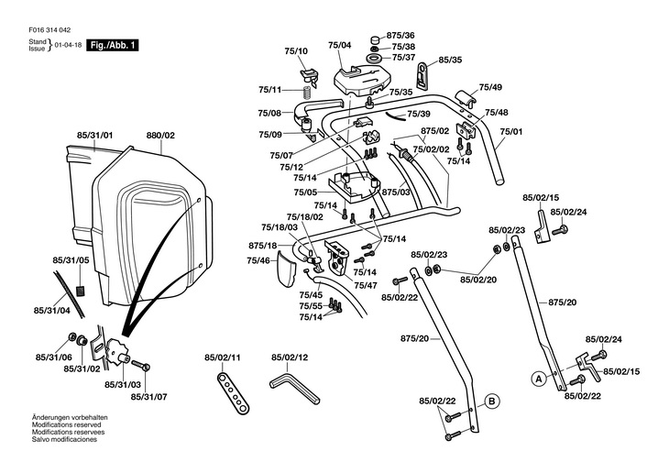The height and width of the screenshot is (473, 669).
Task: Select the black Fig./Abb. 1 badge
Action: pos(113,45)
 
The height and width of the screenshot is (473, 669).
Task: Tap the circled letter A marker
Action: pos(539,377)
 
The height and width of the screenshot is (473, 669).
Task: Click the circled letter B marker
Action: pos(491,401)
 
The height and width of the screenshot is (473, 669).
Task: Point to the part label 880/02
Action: pos(160,136)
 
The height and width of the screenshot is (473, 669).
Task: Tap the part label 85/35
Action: pos(450,60)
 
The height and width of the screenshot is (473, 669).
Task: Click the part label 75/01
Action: pos(511,130)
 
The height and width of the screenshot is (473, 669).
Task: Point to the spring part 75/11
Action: pos(308,90)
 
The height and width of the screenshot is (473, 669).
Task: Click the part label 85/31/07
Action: pos(148,396)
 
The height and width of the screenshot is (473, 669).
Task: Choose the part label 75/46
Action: pos(258,260)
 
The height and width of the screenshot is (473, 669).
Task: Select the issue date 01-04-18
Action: pos(67,45)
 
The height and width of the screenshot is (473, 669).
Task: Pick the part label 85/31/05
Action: pos(71,260)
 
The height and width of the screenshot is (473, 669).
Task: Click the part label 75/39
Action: pos(419,114)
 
